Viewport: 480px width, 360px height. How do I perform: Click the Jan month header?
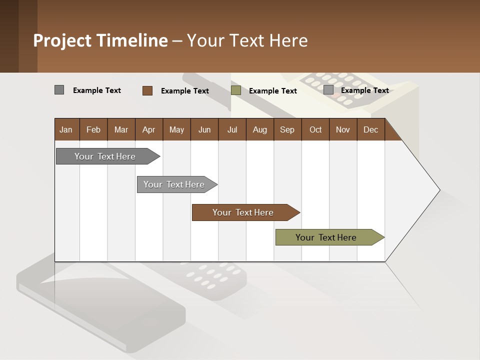point(66,129)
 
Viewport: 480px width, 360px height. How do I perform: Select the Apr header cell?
point(148,129)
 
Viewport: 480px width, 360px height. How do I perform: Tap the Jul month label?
point(232,129)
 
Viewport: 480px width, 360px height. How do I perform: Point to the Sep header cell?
point(287,129)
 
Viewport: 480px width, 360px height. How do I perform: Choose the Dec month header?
point(370,129)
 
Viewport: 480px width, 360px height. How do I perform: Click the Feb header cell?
point(93,129)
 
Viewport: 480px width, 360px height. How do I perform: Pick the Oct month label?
point(315,129)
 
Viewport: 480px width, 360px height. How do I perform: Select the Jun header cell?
point(204,129)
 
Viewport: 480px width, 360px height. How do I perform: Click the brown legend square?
point(147,90)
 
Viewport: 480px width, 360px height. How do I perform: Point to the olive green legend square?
point(236,90)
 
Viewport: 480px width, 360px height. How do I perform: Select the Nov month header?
point(343,129)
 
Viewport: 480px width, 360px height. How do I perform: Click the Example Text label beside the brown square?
point(184,91)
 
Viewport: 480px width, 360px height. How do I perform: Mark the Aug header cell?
point(259,129)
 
